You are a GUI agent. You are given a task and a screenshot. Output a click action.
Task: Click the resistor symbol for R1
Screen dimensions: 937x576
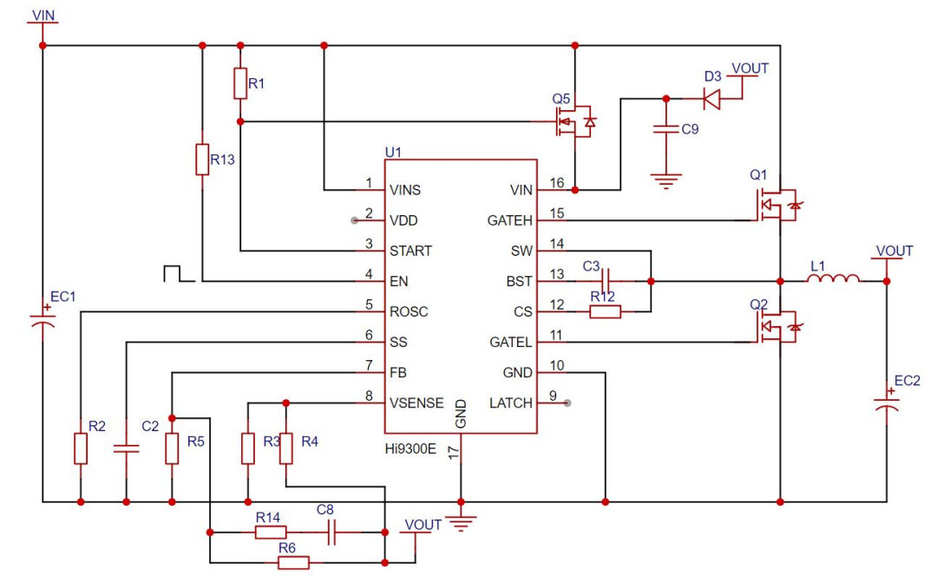tap(240, 83)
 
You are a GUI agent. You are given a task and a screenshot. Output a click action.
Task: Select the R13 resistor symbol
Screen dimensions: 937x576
tap(202, 160)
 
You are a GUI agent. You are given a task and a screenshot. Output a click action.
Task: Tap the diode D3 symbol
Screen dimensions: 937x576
tap(711, 99)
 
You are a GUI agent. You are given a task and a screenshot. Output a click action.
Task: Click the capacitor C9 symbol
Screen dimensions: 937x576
tap(666, 129)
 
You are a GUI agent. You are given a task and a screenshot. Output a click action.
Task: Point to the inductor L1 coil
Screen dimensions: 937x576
tap(835, 278)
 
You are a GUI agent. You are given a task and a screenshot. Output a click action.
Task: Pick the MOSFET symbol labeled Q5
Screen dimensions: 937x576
tap(573, 122)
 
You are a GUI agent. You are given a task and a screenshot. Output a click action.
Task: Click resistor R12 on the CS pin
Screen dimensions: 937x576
tap(606, 311)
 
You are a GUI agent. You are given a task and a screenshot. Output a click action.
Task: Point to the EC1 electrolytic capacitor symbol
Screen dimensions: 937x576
tap(43, 320)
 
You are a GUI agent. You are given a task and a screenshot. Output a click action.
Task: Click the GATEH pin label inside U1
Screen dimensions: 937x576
tap(510, 220)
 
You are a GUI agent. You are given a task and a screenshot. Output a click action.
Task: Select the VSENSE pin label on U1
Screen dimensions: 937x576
tap(416, 403)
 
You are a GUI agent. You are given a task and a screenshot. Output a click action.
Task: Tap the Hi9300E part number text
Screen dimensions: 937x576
tap(410, 448)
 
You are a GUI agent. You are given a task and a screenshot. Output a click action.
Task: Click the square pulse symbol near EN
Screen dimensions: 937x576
tap(179, 273)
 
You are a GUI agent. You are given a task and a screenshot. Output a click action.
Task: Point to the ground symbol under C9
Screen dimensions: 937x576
tap(666, 181)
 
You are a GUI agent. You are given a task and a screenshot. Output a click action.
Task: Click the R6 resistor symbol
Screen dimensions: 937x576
tap(294, 562)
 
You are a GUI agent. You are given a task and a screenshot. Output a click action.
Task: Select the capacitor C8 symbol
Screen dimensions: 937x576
tap(331, 532)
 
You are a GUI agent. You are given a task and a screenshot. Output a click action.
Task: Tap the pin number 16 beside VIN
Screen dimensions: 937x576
tap(557, 182)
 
